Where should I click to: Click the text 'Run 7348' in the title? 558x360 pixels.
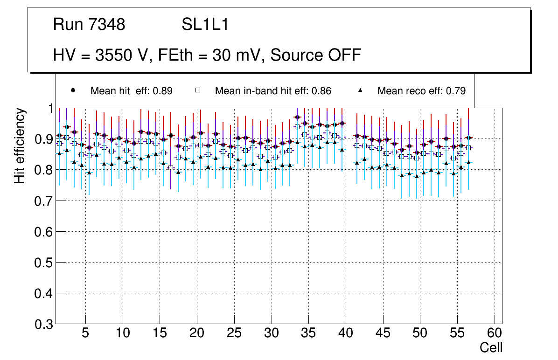click(89, 25)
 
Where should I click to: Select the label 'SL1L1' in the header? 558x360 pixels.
click(205, 25)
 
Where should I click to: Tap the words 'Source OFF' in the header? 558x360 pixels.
click(316, 55)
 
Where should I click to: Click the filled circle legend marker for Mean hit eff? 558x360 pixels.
click(73, 90)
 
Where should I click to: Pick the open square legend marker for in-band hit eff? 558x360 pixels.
click(197, 90)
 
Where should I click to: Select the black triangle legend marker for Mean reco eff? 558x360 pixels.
click(360, 90)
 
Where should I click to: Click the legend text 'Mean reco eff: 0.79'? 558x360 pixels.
click(421, 91)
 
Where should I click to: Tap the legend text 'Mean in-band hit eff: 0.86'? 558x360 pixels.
click(273, 91)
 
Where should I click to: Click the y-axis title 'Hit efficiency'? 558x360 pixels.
click(20, 145)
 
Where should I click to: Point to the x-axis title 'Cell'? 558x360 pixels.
click(491, 347)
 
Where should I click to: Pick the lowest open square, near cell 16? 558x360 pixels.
click(171, 168)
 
